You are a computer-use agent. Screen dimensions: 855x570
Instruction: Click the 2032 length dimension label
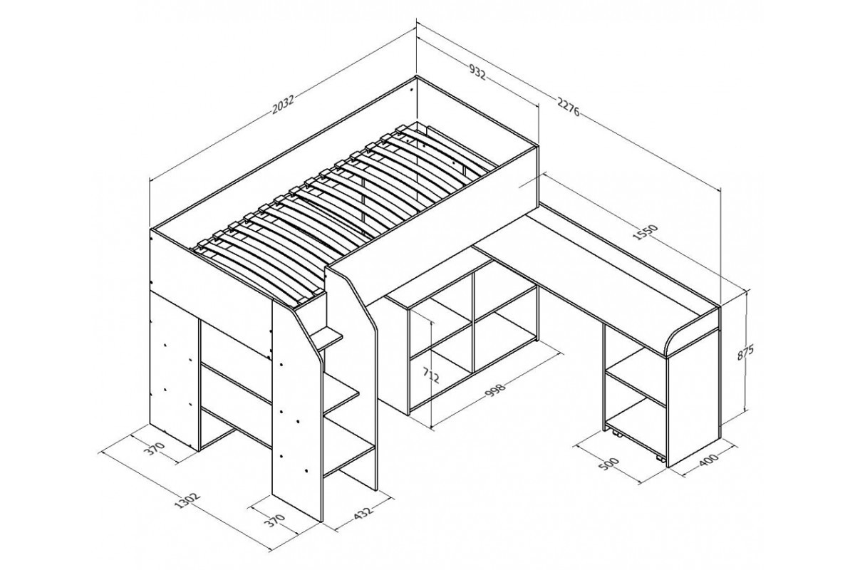click(284, 105)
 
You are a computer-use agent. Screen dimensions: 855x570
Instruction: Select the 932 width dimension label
click(477, 73)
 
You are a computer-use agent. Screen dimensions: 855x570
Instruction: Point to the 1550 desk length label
click(646, 232)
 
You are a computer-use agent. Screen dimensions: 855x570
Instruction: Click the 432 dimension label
click(363, 513)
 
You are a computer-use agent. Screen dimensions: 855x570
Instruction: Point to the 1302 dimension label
click(187, 501)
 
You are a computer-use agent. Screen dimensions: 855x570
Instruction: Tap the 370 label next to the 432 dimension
click(276, 520)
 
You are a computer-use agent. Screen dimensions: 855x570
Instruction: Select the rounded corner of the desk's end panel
click(674, 335)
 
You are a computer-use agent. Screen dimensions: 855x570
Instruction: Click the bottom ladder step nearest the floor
click(348, 460)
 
